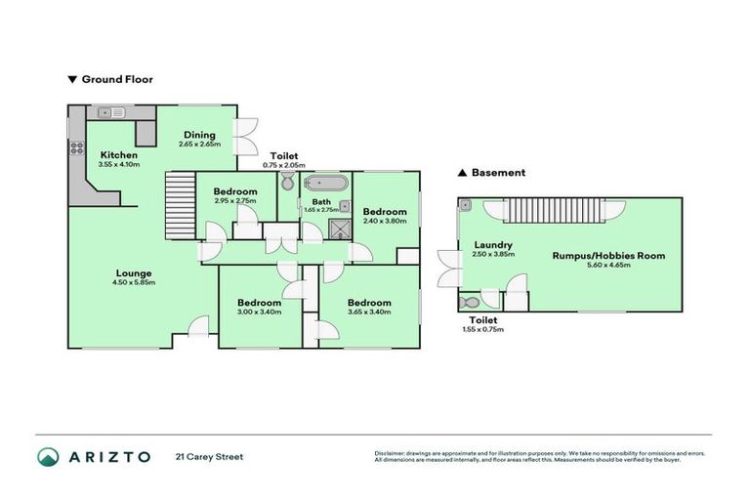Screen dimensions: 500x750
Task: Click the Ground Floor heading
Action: coord(115,79)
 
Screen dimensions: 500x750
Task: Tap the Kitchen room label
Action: coord(119,154)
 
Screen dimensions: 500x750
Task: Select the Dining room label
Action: coord(199,136)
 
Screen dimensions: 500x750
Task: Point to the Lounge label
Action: coord(134,273)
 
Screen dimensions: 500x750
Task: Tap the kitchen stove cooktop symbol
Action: coord(74,149)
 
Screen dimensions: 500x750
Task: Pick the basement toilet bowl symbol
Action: coord(471,302)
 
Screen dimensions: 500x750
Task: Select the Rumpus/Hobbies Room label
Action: coord(608,256)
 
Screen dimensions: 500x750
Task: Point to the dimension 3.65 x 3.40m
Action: coord(369,312)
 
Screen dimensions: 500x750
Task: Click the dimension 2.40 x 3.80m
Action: coord(384,222)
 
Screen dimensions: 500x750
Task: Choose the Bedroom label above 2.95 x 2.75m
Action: coord(235,190)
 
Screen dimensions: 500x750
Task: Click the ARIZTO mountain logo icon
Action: coord(50,456)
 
